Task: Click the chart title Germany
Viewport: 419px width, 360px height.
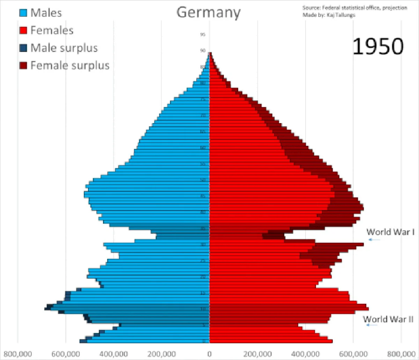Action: tap(208, 13)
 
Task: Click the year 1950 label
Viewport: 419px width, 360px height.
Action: tap(378, 46)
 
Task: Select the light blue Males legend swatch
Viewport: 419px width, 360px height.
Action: tap(23, 13)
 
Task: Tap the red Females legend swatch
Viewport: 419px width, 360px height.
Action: tap(23, 30)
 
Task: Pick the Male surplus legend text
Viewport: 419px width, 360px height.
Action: tap(64, 48)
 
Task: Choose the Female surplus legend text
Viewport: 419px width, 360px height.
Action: tap(70, 65)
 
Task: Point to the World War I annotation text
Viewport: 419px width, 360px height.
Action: tap(390, 232)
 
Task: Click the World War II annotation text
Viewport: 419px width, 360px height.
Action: tap(388, 319)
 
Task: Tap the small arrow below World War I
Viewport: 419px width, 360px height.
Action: tap(374, 240)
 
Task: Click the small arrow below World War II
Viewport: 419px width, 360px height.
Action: tap(372, 325)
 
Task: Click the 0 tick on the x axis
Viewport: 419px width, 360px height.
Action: tap(209, 354)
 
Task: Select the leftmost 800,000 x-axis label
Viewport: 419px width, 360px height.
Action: tap(17, 354)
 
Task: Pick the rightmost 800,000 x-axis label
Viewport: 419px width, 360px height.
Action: tap(401, 354)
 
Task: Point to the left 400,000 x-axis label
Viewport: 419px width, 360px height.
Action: tap(113, 354)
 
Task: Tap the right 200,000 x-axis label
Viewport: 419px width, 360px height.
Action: tap(257, 354)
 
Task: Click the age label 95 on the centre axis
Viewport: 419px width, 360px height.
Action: tap(203, 35)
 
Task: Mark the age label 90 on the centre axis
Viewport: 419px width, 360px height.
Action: tap(203, 51)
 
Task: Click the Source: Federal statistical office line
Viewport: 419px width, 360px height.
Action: tap(354, 8)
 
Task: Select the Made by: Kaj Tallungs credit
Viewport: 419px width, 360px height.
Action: tap(329, 15)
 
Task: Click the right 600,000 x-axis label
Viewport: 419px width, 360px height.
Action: tap(353, 354)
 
